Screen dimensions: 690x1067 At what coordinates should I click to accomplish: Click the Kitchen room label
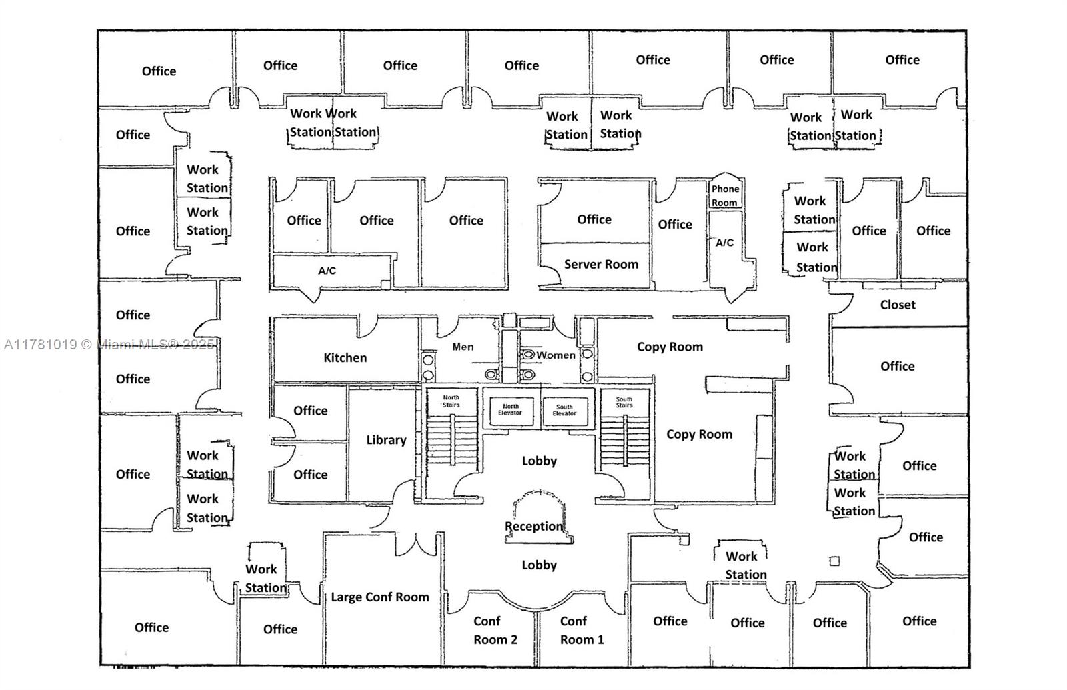[x=345, y=358]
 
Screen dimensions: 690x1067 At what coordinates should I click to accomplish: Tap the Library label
[x=386, y=440]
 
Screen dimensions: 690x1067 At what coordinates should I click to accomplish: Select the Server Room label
[x=601, y=265]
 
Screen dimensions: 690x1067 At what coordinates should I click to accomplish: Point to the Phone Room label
[x=725, y=195]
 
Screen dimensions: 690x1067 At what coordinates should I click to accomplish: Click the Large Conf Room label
[x=380, y=597]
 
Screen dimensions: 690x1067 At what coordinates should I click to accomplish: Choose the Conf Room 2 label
[x=495, y=631]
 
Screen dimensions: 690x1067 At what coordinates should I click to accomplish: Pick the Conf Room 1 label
[x=582, y=631]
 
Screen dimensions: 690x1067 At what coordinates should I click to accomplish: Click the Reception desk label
[x=533, y=527]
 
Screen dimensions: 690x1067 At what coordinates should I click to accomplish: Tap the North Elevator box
[x=510, y=409]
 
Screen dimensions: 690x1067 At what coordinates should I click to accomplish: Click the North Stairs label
[x=451, y=401]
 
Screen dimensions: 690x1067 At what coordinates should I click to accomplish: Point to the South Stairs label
[x=624, y=402]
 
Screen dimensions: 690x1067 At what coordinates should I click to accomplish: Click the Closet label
[x=898, y=305]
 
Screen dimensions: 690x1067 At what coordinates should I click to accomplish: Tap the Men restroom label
[x=463, y=347]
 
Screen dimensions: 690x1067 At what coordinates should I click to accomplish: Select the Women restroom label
[x=556, y=355]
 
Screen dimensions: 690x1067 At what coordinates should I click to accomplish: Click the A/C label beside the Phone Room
[x=725, y=243]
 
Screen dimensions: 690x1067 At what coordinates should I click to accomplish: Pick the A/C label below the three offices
[x=327, y=271]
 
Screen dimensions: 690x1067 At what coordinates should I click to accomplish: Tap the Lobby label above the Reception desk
[x=539, y=461]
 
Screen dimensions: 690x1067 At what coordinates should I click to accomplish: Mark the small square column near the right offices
[x=834, y=561]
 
